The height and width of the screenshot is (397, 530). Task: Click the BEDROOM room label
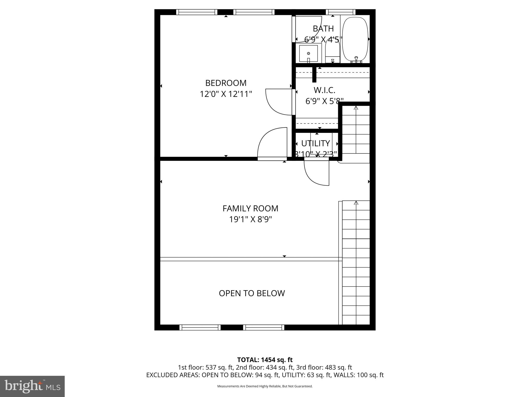coord(226,83)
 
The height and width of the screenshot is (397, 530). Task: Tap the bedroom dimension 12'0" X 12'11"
coord(226,94)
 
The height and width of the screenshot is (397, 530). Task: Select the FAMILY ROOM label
coord(250,208)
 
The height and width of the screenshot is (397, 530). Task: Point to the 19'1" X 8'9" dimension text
coord(250,219)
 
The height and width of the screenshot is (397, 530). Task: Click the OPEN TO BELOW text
coord(252,293)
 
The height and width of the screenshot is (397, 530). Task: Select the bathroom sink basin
coord(308,54)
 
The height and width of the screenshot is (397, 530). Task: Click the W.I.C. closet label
coord(325,90)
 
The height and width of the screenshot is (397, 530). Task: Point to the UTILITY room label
coord(315,143)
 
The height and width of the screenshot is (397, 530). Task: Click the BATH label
coord(323,28)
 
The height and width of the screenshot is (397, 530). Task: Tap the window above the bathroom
coord(340,12)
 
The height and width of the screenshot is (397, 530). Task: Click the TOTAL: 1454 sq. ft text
coord(265,360)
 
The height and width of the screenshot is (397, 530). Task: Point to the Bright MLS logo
coord(32,386)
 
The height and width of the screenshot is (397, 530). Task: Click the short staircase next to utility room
coord(356,129)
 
